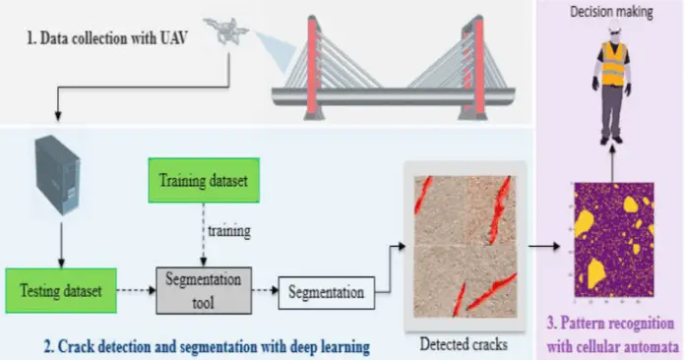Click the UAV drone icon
coord(224,29)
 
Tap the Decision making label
coord(613,10)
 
